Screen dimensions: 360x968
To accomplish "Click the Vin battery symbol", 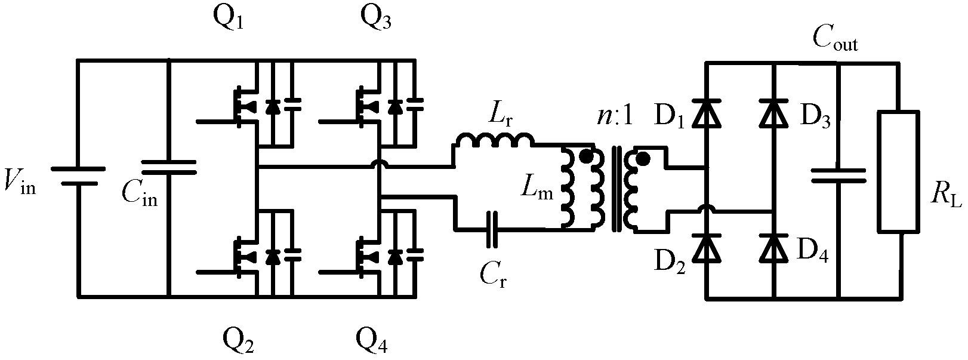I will point(78,176).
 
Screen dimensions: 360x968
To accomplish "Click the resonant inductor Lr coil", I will point(494,141).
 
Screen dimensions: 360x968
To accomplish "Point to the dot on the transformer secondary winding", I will point(643,159).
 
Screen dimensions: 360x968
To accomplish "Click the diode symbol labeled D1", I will point(707,115).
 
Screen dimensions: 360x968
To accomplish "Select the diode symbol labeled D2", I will point(707,250).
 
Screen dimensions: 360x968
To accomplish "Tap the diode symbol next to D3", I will point(774,115).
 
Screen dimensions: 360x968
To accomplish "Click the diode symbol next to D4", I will point(774,250).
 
